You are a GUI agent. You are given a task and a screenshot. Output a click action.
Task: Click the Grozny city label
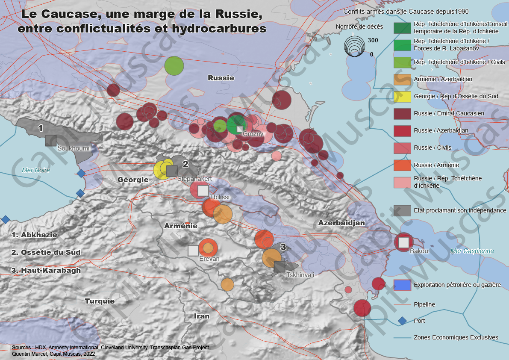pos(253,134)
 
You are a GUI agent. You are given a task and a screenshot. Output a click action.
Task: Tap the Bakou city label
pos(418,251)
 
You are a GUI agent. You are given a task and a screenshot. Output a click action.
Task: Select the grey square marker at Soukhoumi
pos(51,141)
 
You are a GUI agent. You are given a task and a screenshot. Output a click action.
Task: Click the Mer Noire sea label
pos(36,170)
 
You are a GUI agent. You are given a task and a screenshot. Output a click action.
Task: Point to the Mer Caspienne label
pos(472,251)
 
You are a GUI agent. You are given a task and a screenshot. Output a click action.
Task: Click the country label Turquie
pos(100,301)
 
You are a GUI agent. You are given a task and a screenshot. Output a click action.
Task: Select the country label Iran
pos(202,316)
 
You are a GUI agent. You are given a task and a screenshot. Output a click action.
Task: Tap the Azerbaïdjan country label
pos(341,223)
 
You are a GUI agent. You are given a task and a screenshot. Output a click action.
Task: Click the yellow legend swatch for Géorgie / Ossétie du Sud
pos(402,96)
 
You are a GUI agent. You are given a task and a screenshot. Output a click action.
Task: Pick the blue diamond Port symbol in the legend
pos(402,321)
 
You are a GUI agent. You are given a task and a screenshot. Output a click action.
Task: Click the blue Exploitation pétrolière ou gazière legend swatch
pos(402,285)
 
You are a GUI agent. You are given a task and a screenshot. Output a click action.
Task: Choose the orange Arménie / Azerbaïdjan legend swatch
pos(402,79)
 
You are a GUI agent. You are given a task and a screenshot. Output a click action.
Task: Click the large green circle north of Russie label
pos(174,66)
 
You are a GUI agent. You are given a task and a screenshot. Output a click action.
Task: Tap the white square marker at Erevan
pos(193,251)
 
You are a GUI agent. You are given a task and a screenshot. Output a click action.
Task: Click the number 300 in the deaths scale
pos(373,40)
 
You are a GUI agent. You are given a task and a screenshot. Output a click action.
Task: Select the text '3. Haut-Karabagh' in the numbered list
pos(46,270)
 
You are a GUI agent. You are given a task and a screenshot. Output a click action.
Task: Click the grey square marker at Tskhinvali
pos(280,267)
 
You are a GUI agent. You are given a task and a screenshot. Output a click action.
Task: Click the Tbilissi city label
pos(220,197)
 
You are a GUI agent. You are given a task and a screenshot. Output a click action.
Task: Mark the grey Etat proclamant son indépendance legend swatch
pos(402,210)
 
